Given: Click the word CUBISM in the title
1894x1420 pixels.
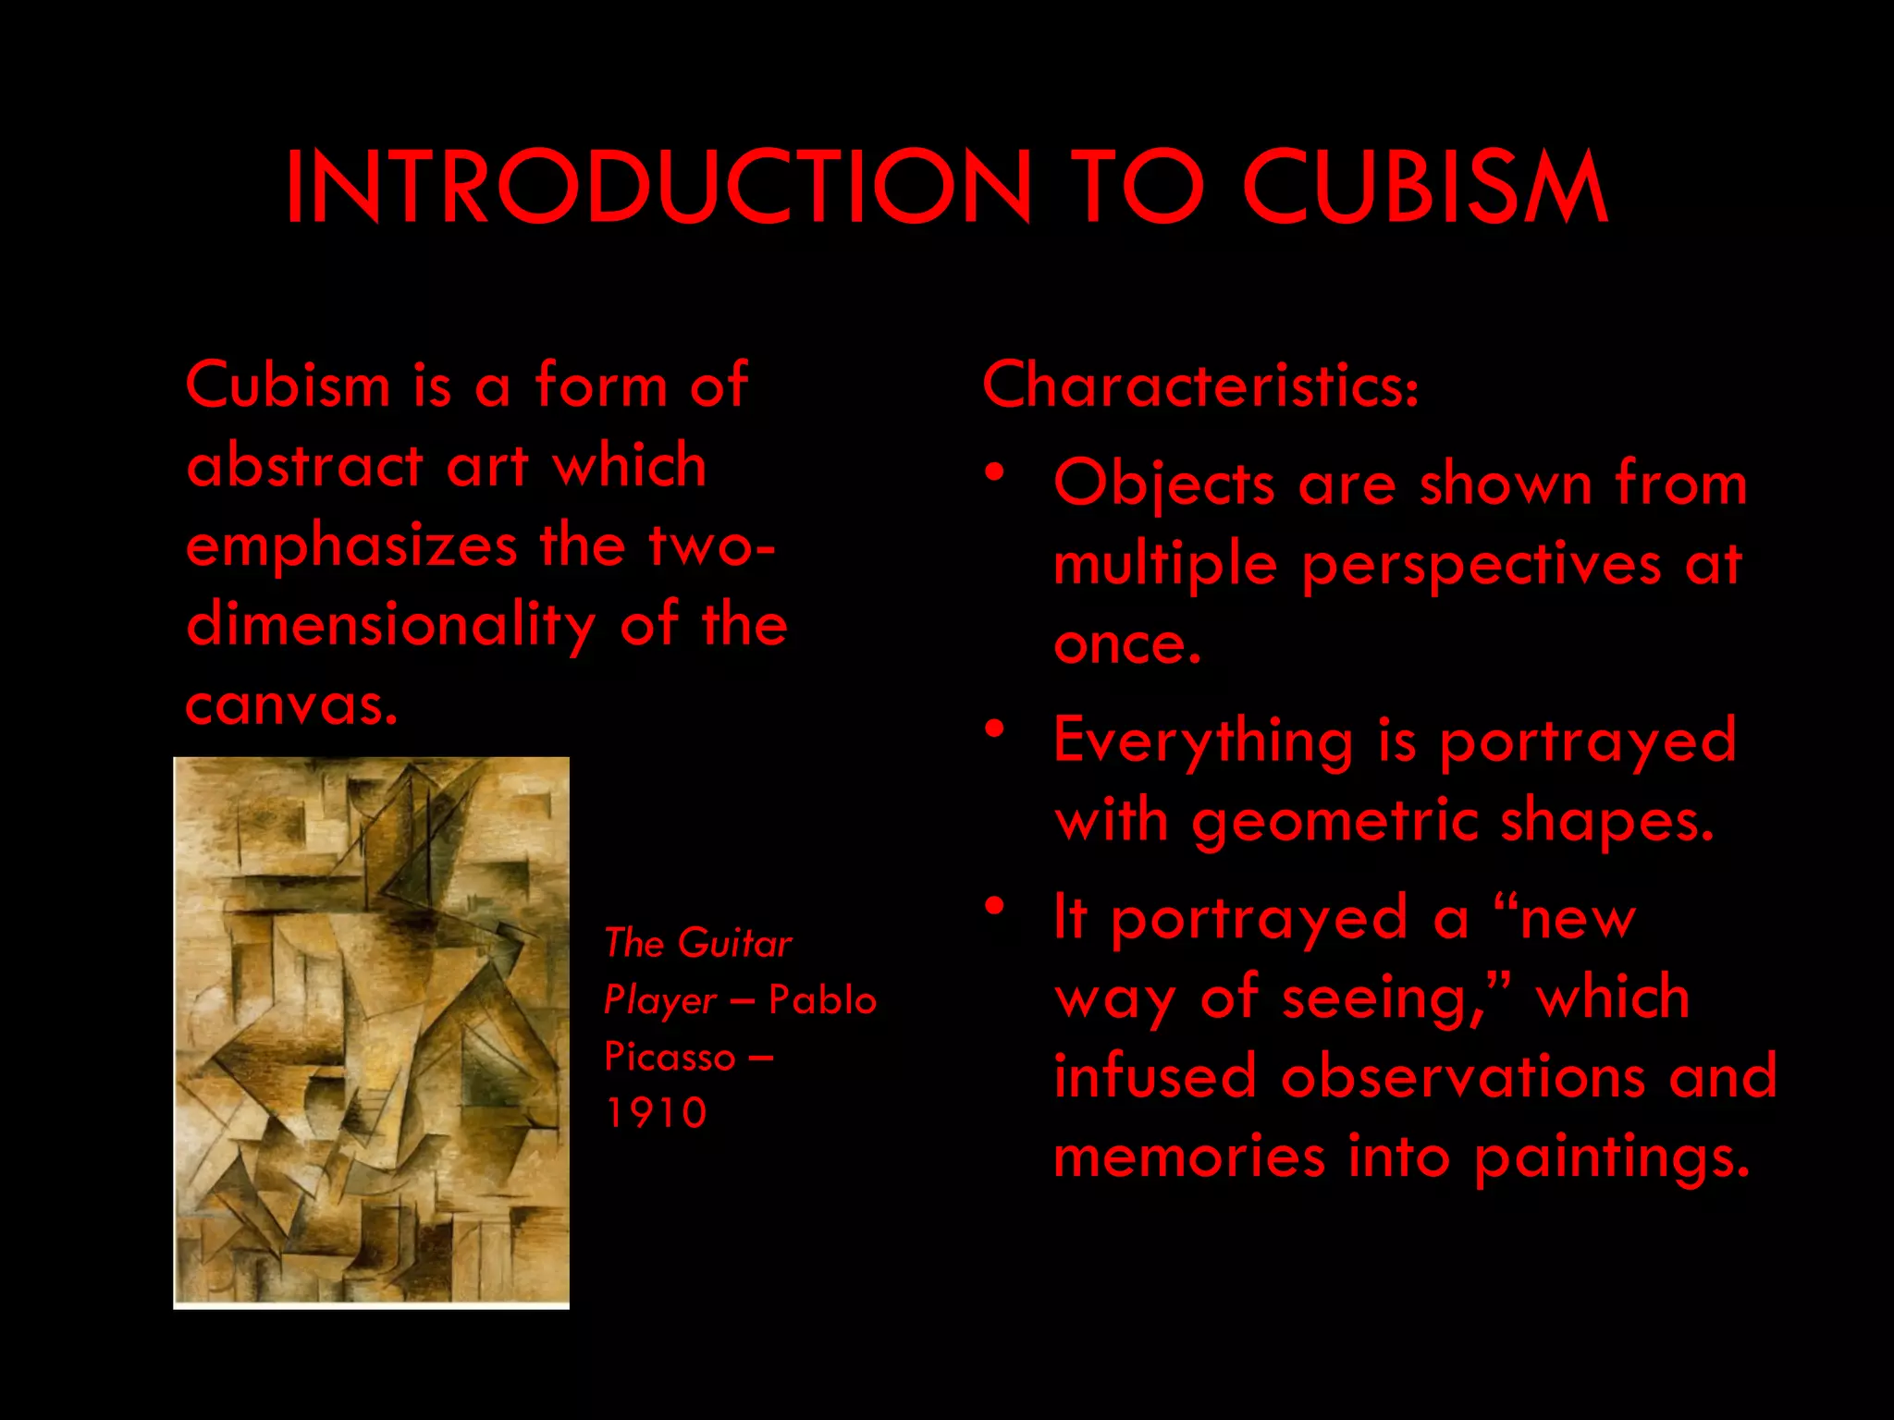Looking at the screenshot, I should (x=1424, y=187).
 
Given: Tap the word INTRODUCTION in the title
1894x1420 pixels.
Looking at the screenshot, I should (x=658, y=187).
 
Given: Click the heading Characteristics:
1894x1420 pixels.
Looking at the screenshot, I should (x=1199, y=385).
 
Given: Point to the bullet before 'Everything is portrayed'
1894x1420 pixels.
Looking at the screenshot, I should (x=994, y=729).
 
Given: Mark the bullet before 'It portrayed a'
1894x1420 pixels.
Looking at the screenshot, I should (x=994, y=906).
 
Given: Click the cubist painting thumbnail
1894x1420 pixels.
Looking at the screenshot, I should (x=371, y=1032).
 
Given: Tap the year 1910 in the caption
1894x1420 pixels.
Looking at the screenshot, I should (x=656, y=1113).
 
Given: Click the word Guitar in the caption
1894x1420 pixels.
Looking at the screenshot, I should (x=734, y=944).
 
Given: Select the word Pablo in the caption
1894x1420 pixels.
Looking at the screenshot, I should (x=822, y=1000).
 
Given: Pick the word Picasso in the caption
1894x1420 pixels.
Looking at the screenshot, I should (x=670, y=1057).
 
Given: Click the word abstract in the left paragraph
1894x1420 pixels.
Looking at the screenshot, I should (x=304, y=465).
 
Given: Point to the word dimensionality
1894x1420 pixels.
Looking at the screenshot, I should (x=390, y=626).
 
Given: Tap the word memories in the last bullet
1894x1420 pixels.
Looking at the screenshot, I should (x=1189, y=1157).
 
